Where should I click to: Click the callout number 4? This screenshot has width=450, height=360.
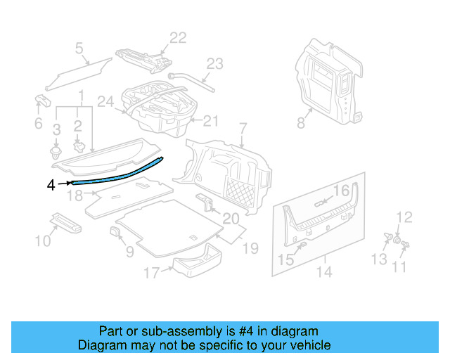(x=50, y=185)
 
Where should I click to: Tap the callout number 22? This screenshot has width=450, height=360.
(x=178, y=38)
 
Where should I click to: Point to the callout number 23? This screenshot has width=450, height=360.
(x=214, y=63)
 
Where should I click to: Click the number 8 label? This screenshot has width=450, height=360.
(x=300, y=124)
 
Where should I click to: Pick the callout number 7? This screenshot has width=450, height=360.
(x=243, y=129)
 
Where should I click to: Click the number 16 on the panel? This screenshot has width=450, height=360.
(x=340, y=191)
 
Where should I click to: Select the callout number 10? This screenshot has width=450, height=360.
(x=43, y=241)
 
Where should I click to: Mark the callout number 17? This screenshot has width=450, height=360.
(x=151, y=272)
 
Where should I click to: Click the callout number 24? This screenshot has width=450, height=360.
(x=105, y=102)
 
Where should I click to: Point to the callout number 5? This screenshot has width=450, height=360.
(x=79, y=49)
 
